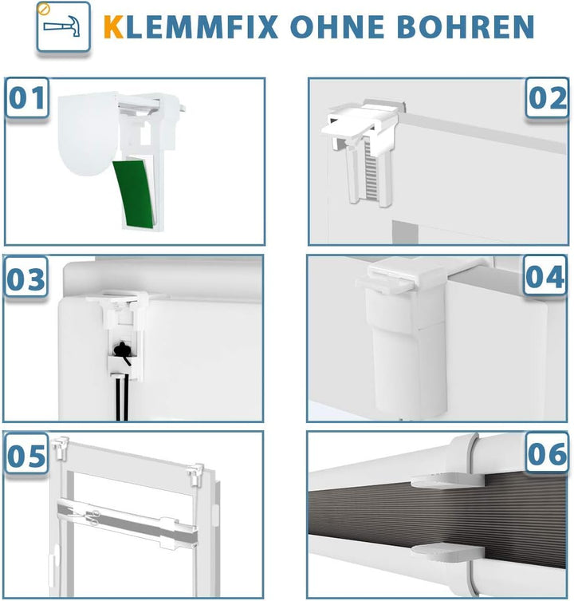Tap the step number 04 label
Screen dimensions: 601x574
pos(545,277)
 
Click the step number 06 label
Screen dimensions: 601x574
pos(547,454)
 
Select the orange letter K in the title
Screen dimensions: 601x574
pos(114,26)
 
